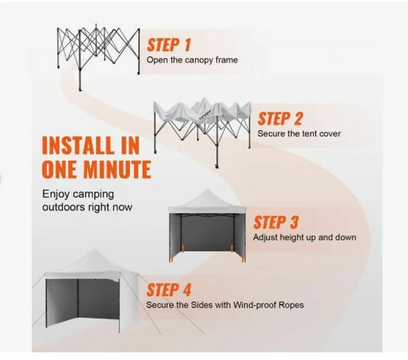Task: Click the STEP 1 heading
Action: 169,45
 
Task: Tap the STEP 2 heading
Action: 280,119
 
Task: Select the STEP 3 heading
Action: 276,223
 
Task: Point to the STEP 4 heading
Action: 169,290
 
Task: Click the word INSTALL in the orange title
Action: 79,146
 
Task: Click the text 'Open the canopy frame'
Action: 192,60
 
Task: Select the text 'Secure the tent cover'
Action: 299,134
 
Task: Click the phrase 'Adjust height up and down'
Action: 304,237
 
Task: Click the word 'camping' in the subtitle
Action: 93,194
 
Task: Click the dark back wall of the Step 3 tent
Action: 207,235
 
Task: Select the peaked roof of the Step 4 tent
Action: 92,262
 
